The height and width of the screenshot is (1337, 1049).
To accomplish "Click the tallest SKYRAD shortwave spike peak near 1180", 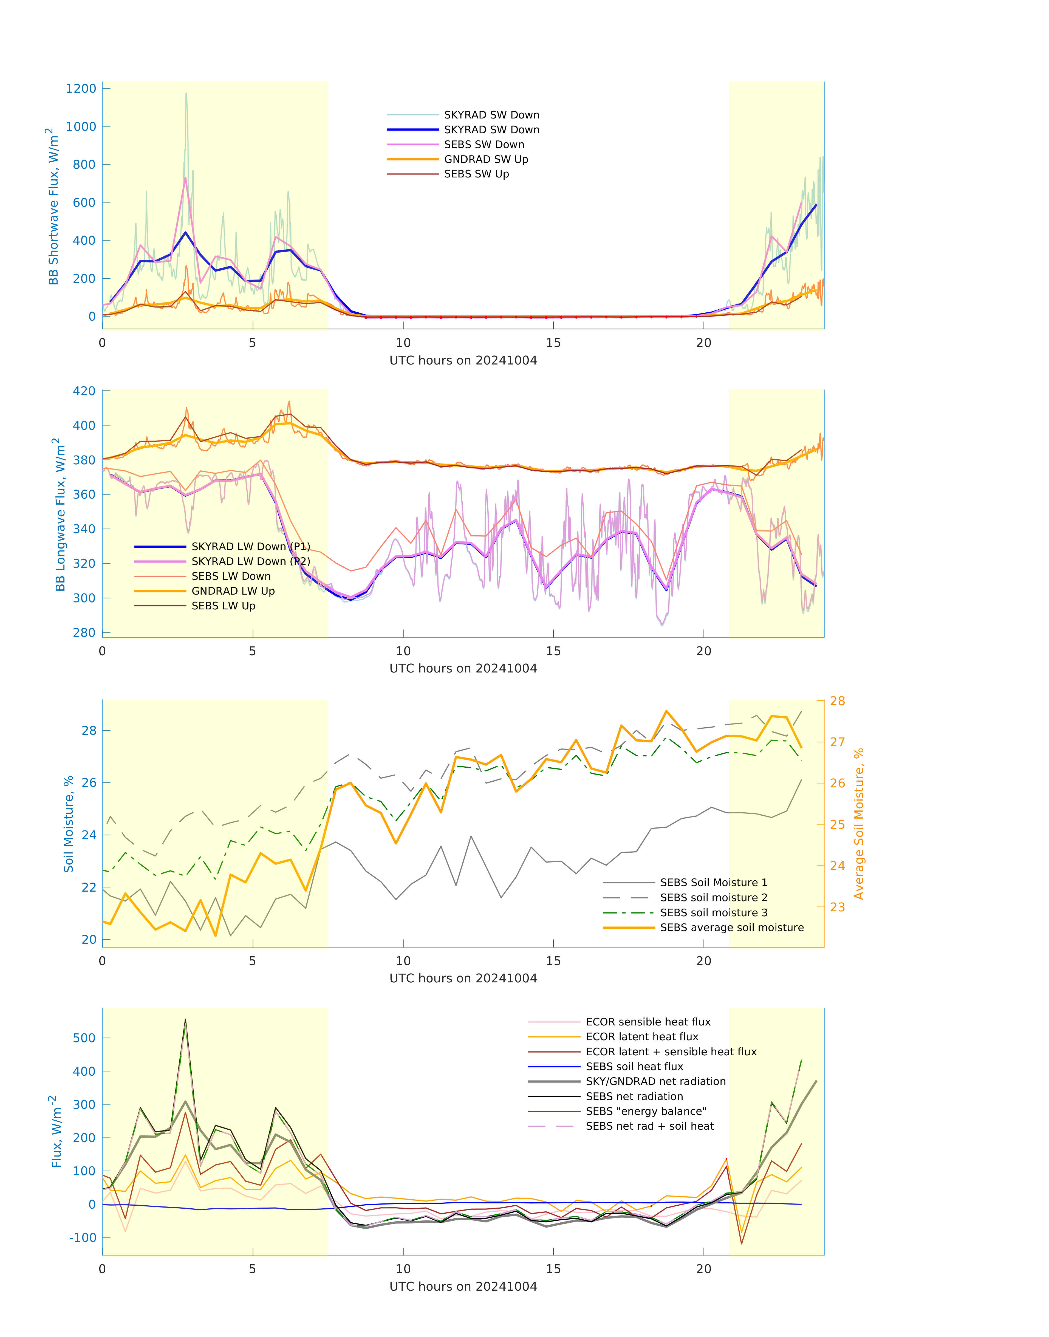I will (187, 93).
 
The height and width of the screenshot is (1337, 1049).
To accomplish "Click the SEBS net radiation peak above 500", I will (185, 1020).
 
